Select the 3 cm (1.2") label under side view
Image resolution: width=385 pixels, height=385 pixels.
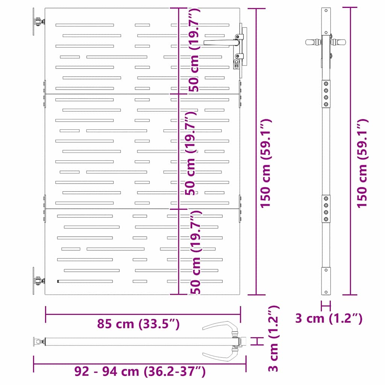[x=329, y=318]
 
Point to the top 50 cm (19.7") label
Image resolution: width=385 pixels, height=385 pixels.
[x=194, y=51]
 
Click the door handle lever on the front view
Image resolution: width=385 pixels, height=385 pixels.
[x=220, y=43]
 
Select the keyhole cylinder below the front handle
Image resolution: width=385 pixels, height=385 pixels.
[x=236, y=63]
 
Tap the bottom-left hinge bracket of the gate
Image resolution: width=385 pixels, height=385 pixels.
[x=37, y=281]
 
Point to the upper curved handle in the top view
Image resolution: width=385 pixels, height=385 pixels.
[x=222, y=326]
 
